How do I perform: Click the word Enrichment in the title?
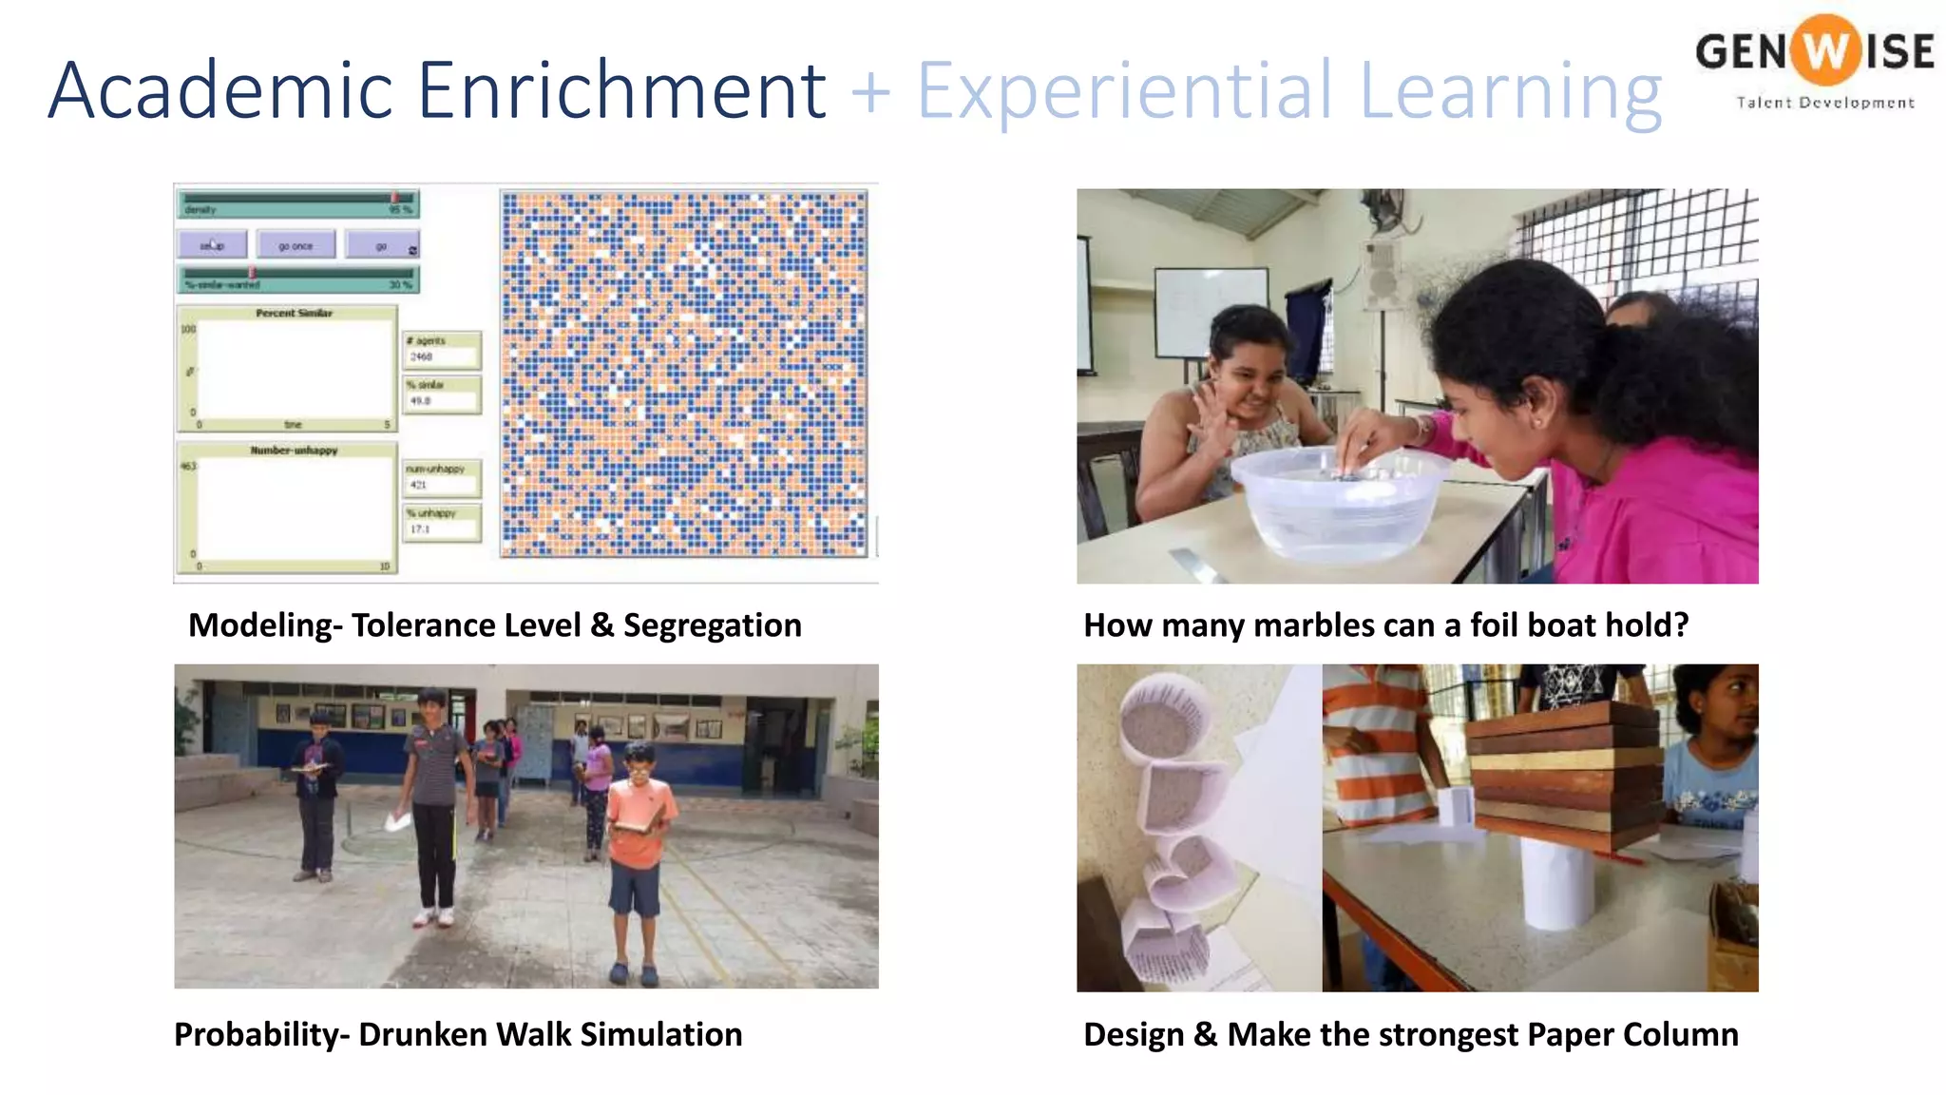click(620, 91)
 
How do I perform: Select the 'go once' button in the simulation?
click(296, 245)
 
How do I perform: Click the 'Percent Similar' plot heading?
click(294, 313)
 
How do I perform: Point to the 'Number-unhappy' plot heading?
click(294, 451)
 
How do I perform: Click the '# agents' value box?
click(442, 356)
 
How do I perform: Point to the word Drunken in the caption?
click(423, 1034)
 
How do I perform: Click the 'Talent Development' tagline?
click(1824, 103)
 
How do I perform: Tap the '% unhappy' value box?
click(442, 528)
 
